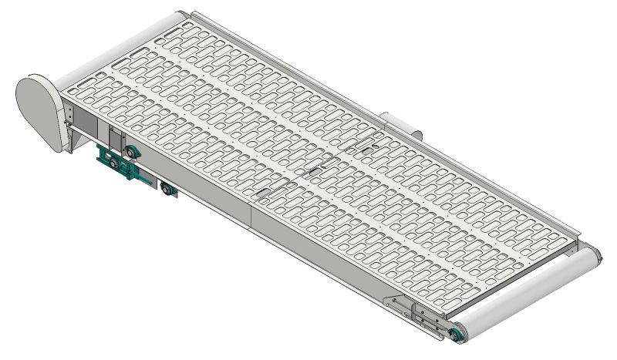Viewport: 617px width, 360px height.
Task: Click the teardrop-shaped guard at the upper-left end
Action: [x=42, y=108]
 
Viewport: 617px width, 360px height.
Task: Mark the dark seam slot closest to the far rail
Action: [x=362, y=144]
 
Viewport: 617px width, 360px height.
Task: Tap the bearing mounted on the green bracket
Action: [x=116, y=163]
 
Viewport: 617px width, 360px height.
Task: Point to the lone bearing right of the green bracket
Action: [x=165, y=187]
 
